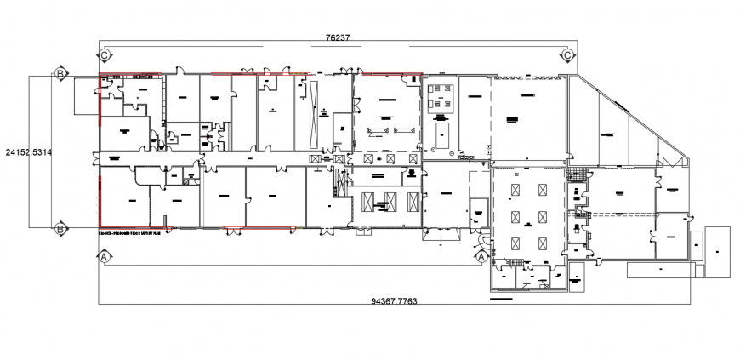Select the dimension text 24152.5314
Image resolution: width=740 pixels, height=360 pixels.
pyautogui.click(x=28, y=153)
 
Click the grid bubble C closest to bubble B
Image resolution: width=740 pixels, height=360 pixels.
pyautogui.click(x=104, y=55)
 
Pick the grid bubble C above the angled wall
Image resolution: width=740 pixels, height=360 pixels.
pyautogui.click(x=567, y=55)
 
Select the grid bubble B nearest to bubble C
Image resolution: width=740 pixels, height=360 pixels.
pyautogui.click(x=60, y=74)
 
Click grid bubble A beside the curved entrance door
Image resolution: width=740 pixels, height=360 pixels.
pyautogui.click(x=481, y=255)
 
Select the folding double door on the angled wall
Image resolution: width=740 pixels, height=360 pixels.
pyautogui.click(x=668, y=161)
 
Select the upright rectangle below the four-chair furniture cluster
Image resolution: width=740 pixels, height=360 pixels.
pyautogui.click(x=442, y=134)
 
